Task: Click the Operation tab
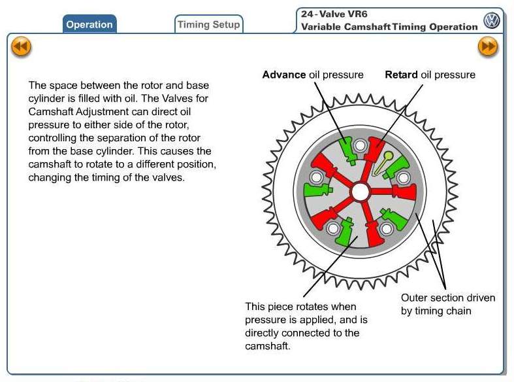pyautogui.click(x=89, y=24)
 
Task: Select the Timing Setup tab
pyautogui.click(x=209, y=24)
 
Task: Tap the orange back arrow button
pyautogui.click(x=21, y=46)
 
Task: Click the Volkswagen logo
pyautogui.click(x=491, y=21)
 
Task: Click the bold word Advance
pyautogui.click(x=284, y=75)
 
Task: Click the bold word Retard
pyautogui.click(x=401, y=75)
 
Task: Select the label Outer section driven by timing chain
pyautogui.click(x=447, y=304)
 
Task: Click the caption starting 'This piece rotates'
pyautogui.click(x=302, y=326)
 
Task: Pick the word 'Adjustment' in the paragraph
pyautogui.click(x=101, y=111)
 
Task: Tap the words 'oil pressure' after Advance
pyautogui.click(x=335, y=75)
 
